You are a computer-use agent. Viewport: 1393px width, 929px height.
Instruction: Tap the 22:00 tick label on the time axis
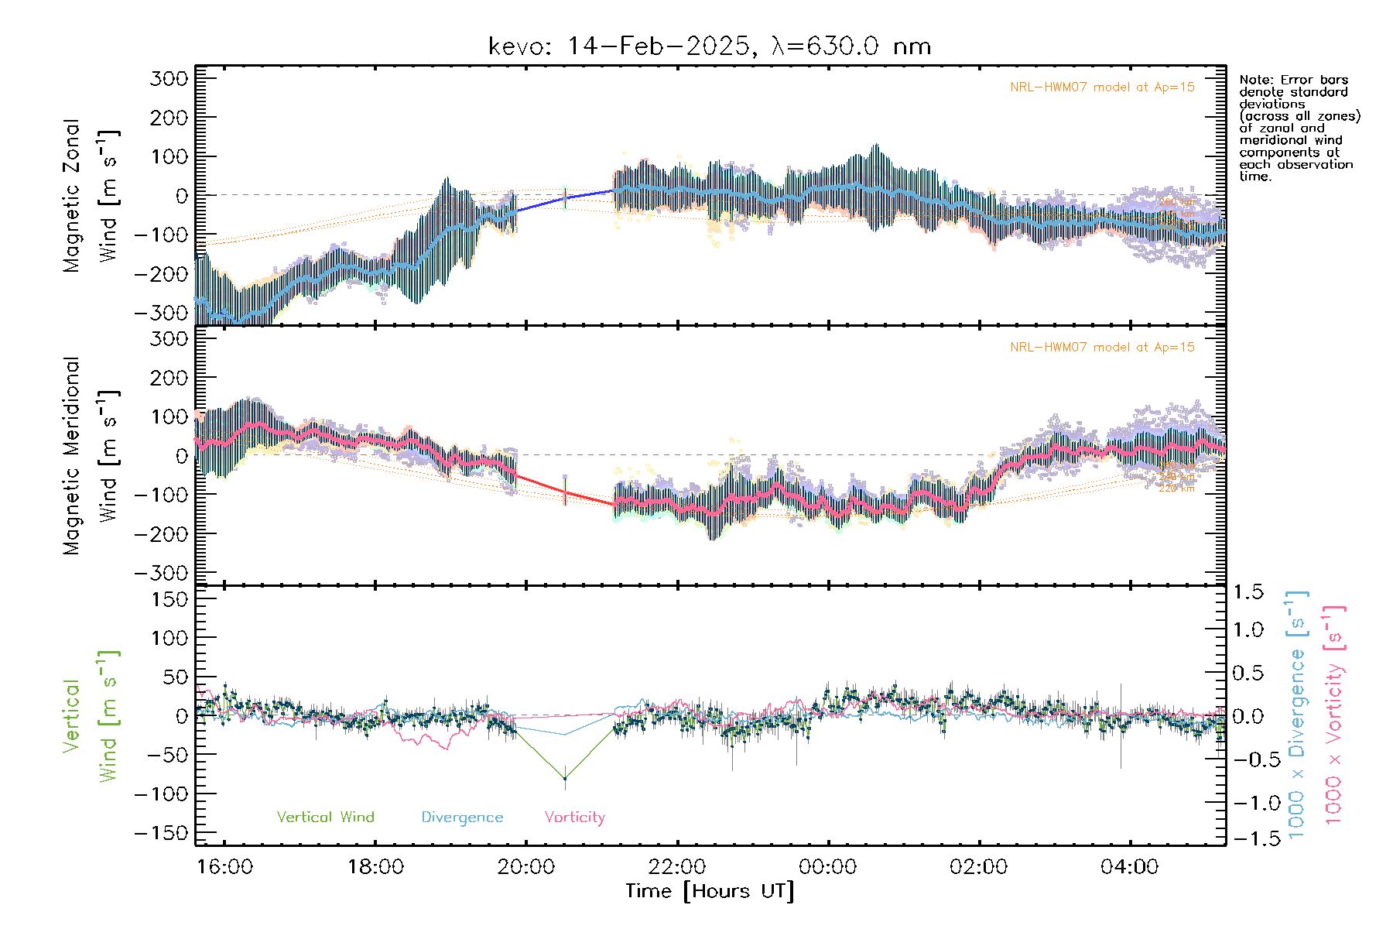[677, 867]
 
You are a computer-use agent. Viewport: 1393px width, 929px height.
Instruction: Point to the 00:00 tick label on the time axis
[828, 867]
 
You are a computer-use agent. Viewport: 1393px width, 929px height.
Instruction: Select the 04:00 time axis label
[1130, 867]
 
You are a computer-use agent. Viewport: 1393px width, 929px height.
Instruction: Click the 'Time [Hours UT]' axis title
[710, 891]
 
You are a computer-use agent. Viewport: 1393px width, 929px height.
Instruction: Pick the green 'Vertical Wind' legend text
[325, 818]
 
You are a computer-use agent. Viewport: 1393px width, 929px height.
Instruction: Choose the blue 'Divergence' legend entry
[462, 818]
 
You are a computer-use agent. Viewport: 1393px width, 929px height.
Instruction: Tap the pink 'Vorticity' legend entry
[574, 818]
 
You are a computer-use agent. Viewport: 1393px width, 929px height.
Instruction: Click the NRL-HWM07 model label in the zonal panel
[1102, 87]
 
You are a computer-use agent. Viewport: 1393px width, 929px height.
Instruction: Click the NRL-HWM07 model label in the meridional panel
[1102, 348]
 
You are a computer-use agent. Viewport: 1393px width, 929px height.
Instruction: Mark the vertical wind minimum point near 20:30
[565, 778]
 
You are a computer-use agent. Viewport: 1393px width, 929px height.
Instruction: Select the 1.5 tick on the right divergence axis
[1248, 592]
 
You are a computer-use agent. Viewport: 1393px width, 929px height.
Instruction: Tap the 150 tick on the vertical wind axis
[170, 599]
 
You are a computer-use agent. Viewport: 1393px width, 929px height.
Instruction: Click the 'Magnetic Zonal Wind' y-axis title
[91, 196]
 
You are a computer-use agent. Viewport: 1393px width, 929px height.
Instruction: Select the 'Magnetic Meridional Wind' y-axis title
[91, 456]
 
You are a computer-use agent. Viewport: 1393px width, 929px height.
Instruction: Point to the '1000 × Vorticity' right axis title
[1333, 715]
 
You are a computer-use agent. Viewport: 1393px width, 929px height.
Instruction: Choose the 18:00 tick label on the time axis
[375, 867]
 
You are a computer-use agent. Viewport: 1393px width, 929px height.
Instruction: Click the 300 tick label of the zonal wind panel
[169, 78]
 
